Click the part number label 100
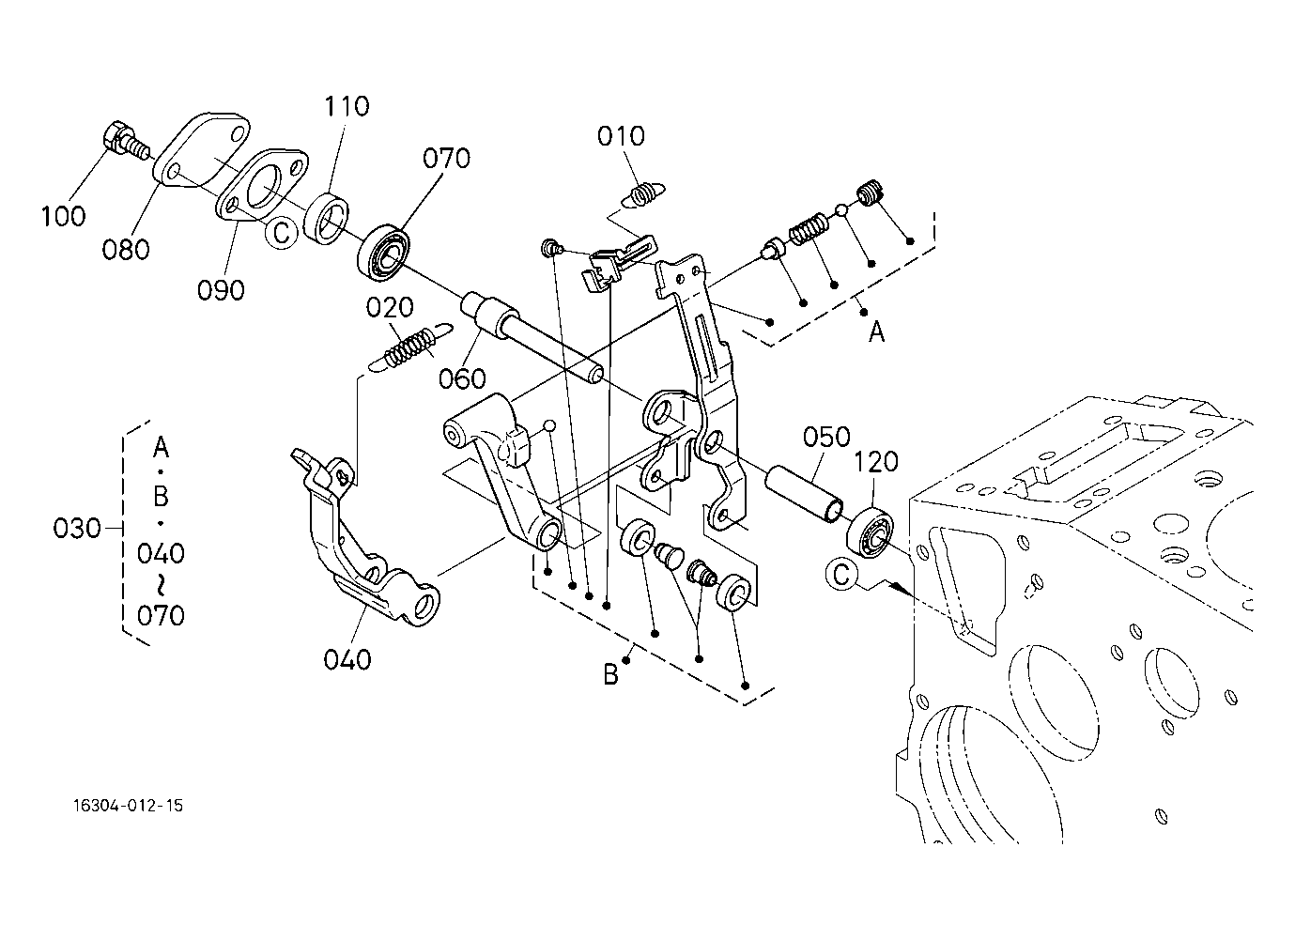(x=63, y=216)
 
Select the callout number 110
(x=347, y=106)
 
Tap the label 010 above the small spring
(x=621, y=136)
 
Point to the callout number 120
(x=876, y=462)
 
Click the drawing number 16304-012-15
(x=128, y=806)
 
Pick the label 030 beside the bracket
(x=77, y=529)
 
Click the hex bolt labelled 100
(x=125, y=141)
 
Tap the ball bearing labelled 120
(x=870, y=532)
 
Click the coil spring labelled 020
(x=409, y=347)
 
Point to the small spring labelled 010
(x=642, y=194)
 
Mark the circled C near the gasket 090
(x=281, y=233)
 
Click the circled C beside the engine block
(x=841, y=574)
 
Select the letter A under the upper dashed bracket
(x=876, y=332)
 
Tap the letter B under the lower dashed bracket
(x=610, y=674)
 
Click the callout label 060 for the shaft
(x=462, y=379)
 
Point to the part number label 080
(x=126, y=250)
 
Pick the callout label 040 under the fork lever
(x=347, y=659)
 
